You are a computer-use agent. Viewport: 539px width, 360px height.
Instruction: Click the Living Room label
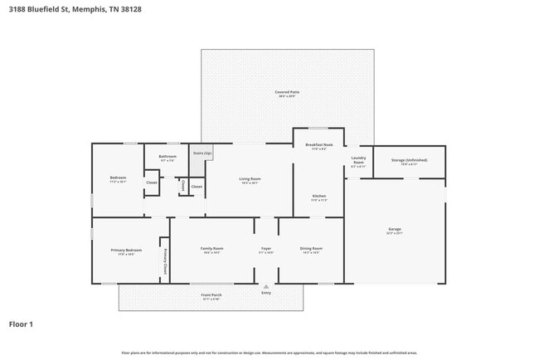250,178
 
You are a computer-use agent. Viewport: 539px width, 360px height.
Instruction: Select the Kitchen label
319,196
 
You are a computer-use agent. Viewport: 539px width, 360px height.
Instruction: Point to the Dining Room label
311,248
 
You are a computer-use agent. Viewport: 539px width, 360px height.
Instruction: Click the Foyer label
266,248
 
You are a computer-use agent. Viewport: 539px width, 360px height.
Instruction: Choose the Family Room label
211,248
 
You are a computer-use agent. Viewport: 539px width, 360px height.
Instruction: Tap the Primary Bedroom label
127,250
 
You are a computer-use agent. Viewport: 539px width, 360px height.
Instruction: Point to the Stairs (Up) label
202,153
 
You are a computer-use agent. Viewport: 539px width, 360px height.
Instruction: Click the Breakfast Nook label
319,145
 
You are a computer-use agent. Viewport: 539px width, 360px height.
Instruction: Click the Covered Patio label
288,92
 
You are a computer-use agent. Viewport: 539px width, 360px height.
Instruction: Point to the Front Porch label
211,295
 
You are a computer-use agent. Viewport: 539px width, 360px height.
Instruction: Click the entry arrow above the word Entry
266,286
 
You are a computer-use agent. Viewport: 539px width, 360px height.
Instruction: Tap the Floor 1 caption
21,324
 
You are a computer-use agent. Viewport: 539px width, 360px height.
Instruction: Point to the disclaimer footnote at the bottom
269,353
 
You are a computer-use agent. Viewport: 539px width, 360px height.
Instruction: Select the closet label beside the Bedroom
152,182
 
